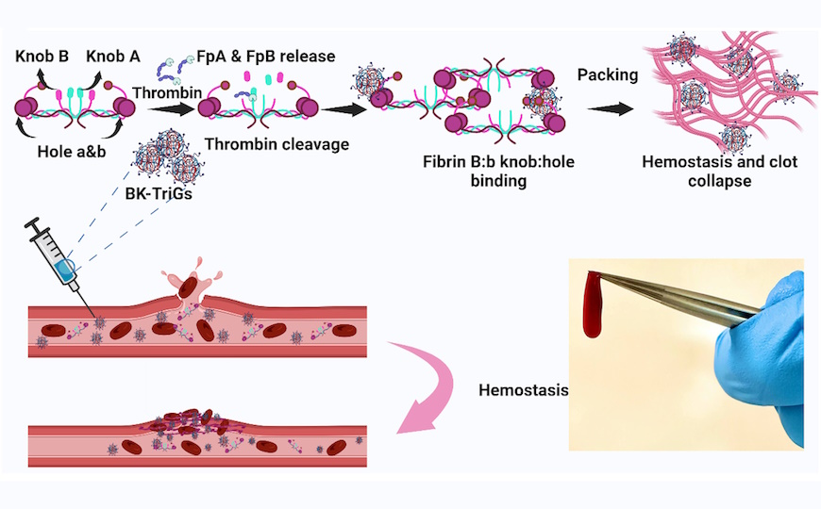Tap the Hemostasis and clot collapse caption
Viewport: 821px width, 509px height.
(x=719, y=171)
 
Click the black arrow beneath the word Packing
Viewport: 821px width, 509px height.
(x=607, y=108)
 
